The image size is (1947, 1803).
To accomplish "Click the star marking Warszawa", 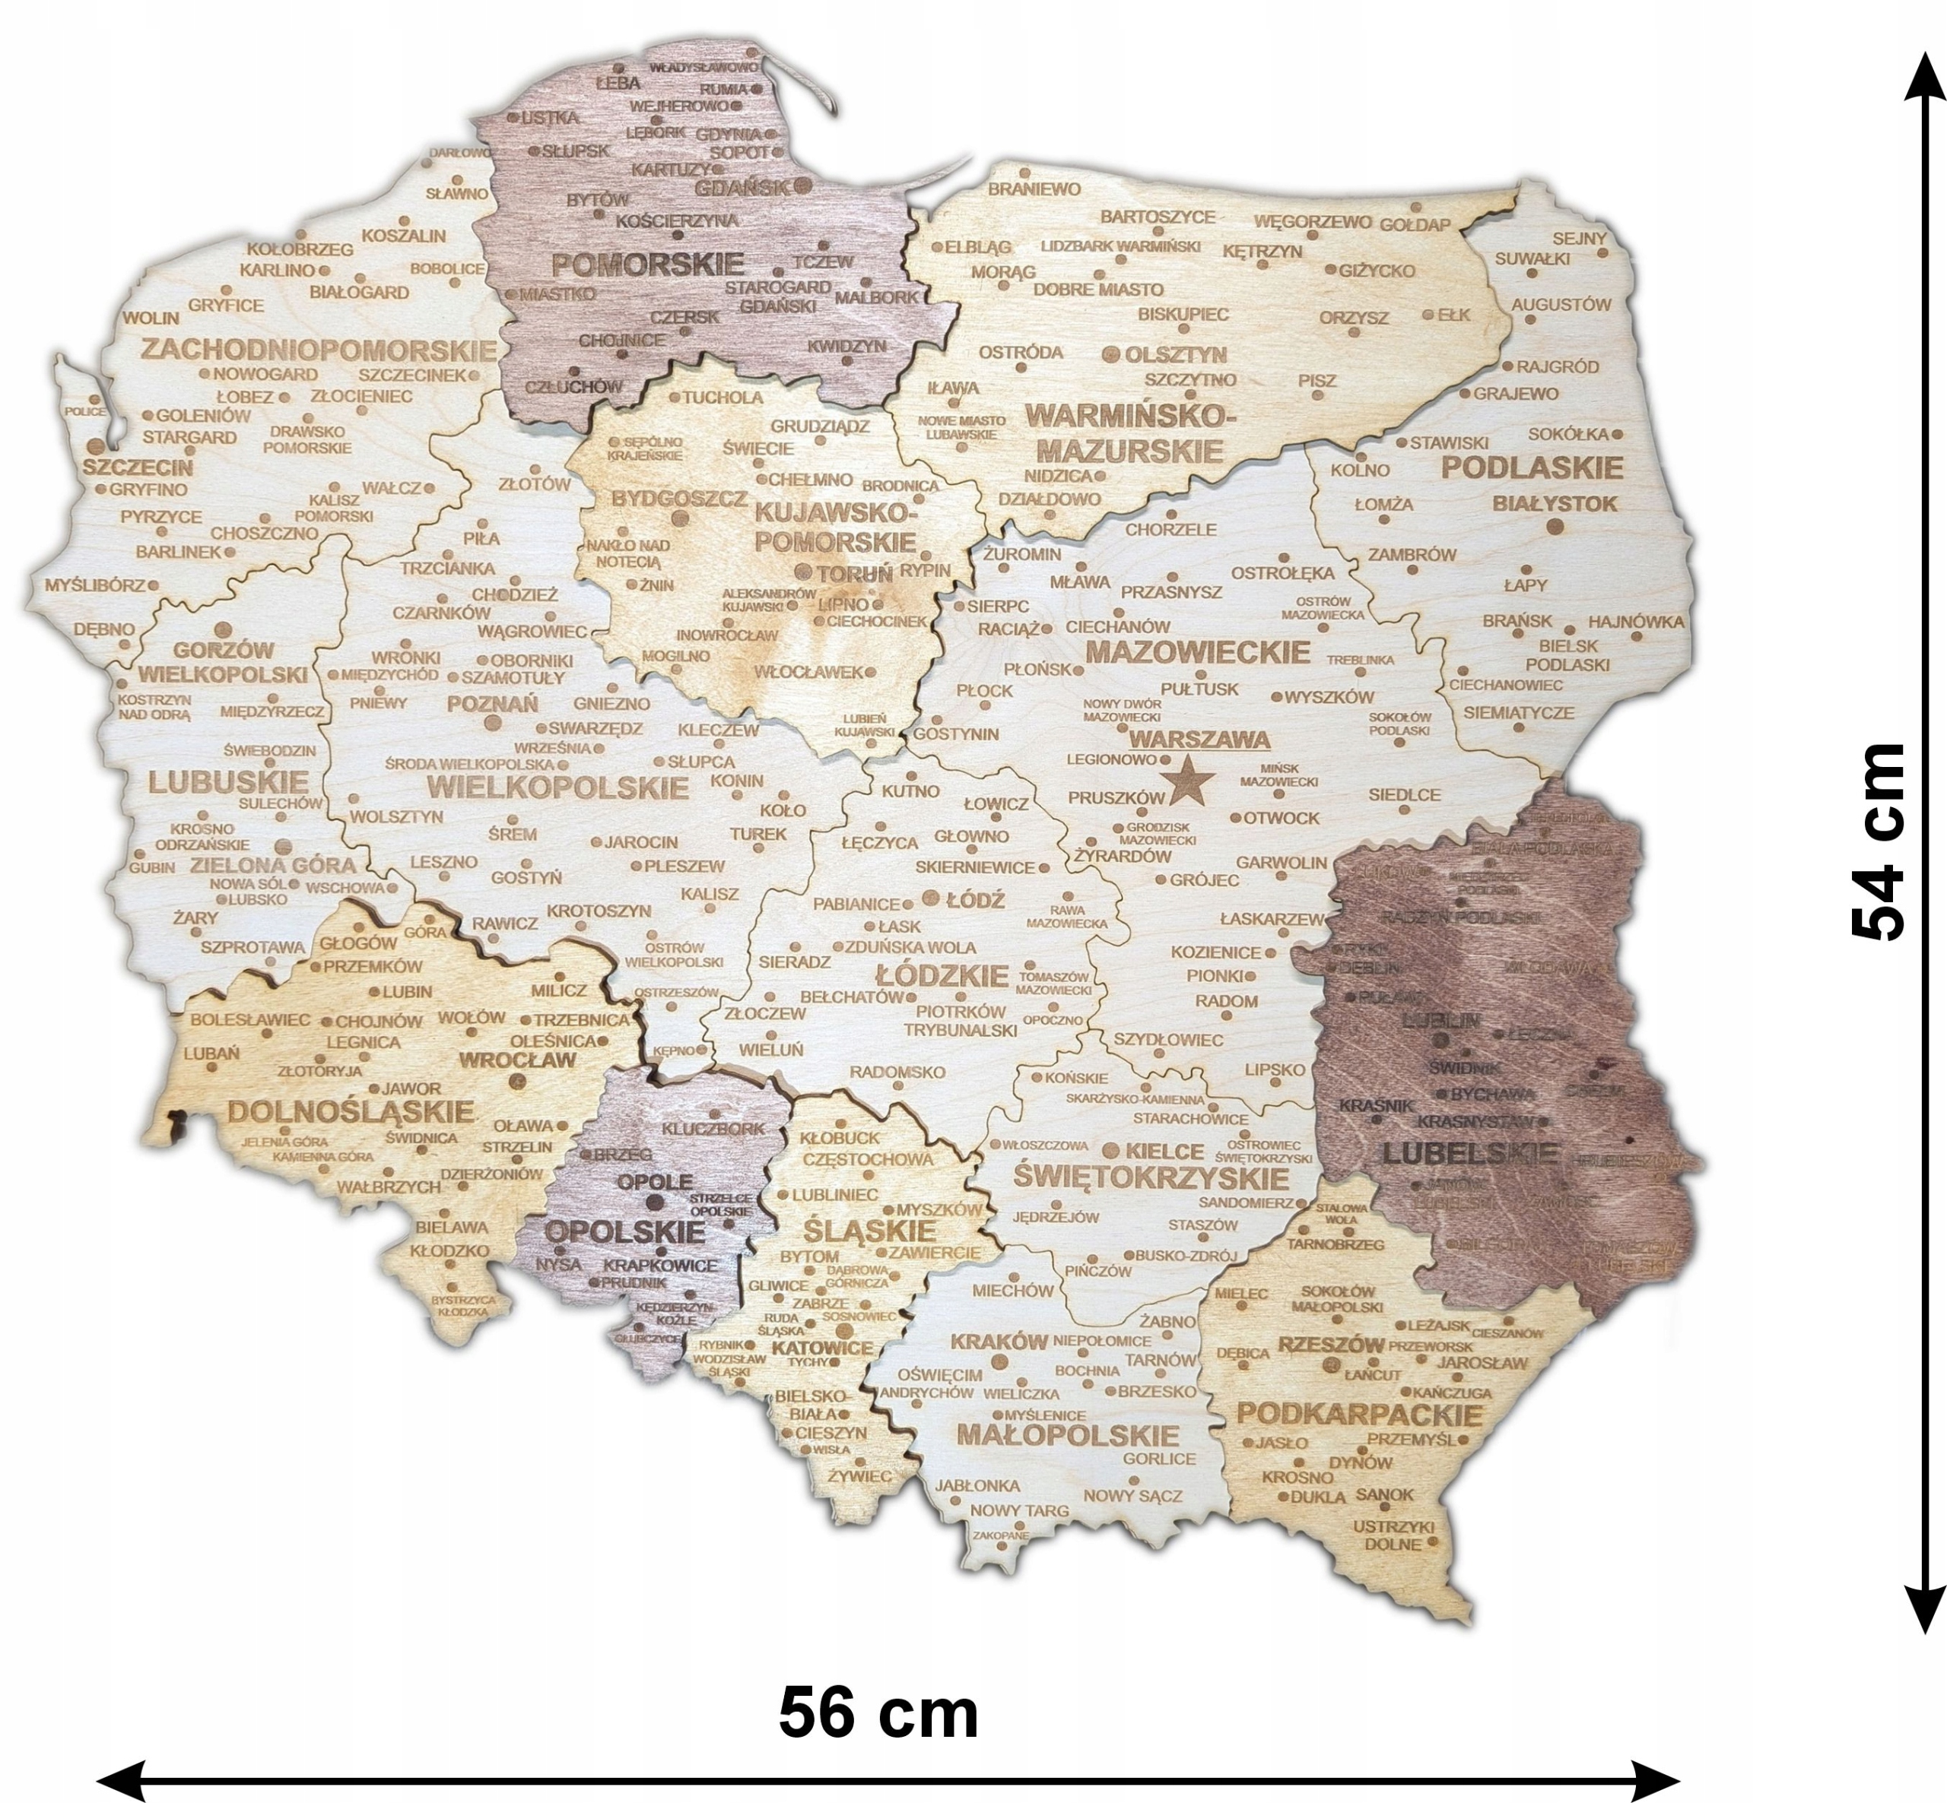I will pos(1189,780).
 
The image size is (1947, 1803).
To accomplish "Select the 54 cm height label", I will pos(1879,842).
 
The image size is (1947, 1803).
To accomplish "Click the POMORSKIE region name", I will pos(648,265).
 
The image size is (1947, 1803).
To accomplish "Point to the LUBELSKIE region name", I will pos(1471,1153).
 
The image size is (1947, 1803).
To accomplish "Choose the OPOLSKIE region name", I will pos(624,1231).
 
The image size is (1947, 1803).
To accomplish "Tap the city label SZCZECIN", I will pos(138,467).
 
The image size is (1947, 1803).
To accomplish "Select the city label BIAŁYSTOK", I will pos(1555,503).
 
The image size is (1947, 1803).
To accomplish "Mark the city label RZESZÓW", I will pos(1331,1345).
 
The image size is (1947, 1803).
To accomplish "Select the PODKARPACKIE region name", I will pos(1360,1415).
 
